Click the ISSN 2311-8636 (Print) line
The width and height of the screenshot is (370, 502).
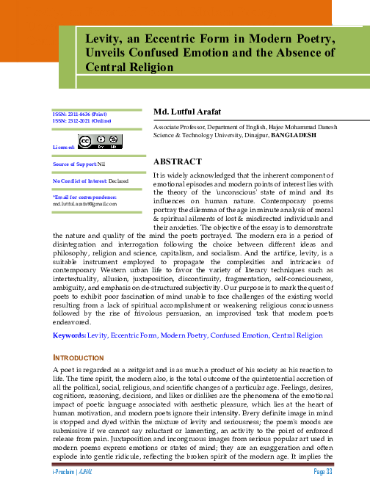[74, 114]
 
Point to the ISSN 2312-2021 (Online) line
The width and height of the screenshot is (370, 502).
[76, 121]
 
